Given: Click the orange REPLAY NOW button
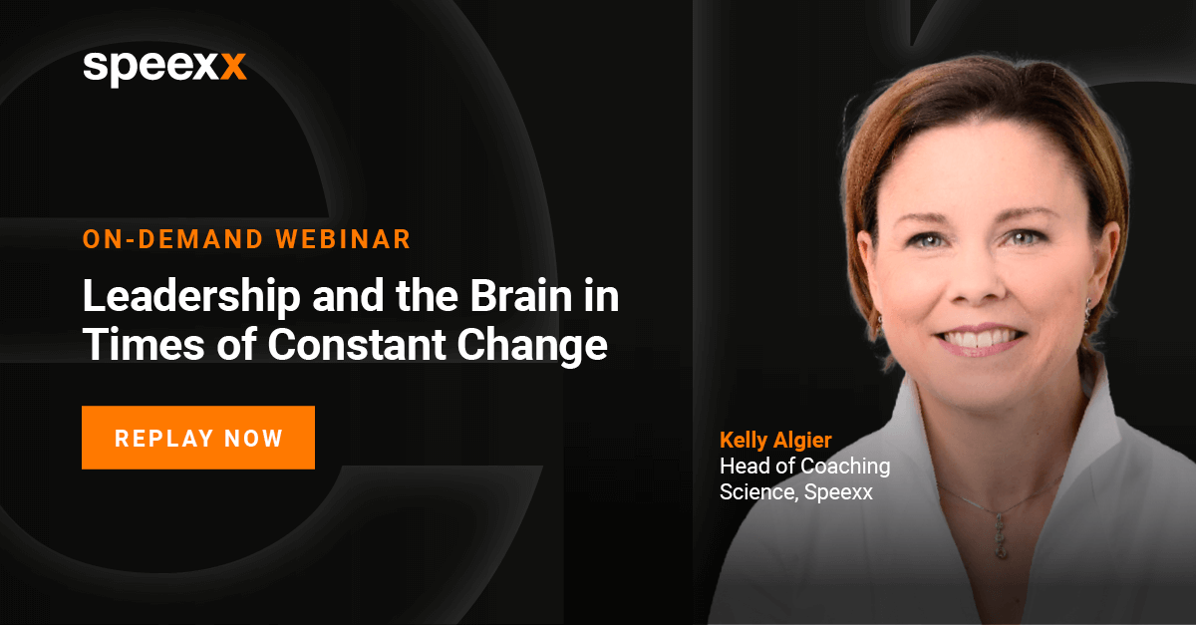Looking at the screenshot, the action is click(x=198, y=438).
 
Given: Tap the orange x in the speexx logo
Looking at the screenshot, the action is click(x=233, y=66).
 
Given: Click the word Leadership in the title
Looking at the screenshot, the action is click(x=191, y=297).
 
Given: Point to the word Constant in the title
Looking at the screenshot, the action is click(x=357, y=345).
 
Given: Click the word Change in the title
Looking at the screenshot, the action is click(x=532, y=347).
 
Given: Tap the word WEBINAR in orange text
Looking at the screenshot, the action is click(x=343, y=239).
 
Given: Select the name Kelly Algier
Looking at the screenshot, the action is click(x=775, y=441).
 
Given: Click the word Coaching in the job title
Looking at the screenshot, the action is click(x=845, y=467).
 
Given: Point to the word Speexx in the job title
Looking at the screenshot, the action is click(x=838, y=491).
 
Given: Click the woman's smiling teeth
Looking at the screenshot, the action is click(x=980, y=338).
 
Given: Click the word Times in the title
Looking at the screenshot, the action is click(x=144, y=345).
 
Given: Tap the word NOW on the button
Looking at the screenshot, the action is click(x=253, y=439).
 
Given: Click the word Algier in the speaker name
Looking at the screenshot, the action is click(x=802, y=441).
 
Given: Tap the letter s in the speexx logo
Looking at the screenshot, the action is click(x=96, y=67).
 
